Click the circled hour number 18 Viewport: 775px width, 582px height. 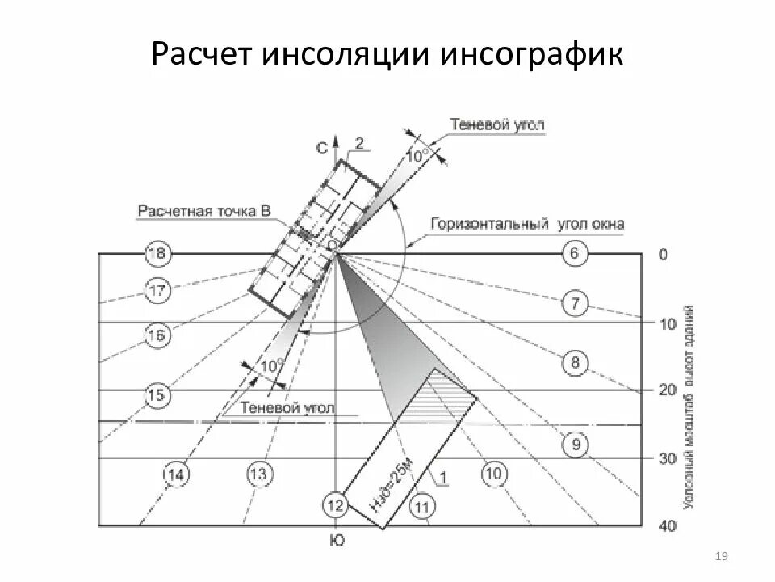tap(157, 254)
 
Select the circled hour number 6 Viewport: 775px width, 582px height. tap(574, 254)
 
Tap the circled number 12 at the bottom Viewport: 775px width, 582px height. tap(337, 506)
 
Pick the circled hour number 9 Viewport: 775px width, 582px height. tap(575, 444)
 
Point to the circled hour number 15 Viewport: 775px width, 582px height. tap(156, 395)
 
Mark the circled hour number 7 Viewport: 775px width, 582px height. tap(575, 305)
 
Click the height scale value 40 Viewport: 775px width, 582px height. tap(668, 527)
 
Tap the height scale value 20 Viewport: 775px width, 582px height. tap(668, 390)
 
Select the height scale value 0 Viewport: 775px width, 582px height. tap(664, 255)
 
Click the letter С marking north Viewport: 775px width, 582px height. tap(321, 148)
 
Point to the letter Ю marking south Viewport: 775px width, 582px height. tap(337, 541)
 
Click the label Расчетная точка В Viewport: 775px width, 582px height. tap(203, 212)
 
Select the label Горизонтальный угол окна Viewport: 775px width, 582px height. tap(527, 224)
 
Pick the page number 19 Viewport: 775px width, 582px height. tap(723, 555)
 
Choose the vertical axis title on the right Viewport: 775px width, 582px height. tap(689, 406)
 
